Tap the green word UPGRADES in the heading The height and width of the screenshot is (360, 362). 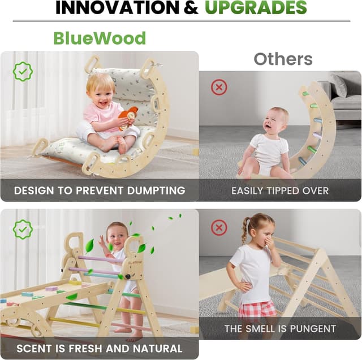(x=256, y=8)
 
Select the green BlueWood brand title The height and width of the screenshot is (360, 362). (x=100, y=38)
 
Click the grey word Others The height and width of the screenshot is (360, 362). (x=283, y=59)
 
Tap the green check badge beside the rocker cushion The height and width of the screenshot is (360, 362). (x=23, y=72)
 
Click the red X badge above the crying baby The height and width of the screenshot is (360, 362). (x=218, y=87)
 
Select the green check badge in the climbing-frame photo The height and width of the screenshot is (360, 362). (x=23, y=229)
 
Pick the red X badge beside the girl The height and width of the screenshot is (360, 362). (x=218, y=228)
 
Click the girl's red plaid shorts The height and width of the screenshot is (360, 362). (x=257, y=310)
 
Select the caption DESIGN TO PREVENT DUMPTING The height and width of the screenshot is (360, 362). (x=100, y=190)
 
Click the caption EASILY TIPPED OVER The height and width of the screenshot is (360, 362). (x=280, y=190)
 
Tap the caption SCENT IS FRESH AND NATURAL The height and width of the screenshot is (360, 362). (x=100, y=348)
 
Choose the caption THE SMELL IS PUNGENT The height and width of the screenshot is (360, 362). (x=280, y=328)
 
